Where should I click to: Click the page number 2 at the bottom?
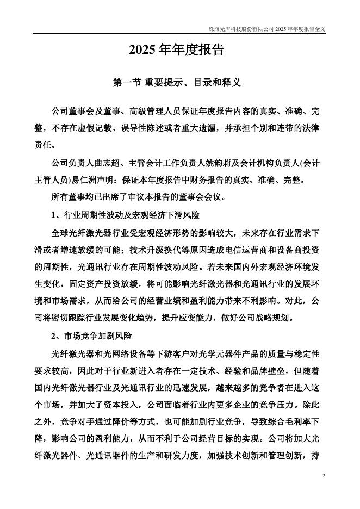point(324,476)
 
